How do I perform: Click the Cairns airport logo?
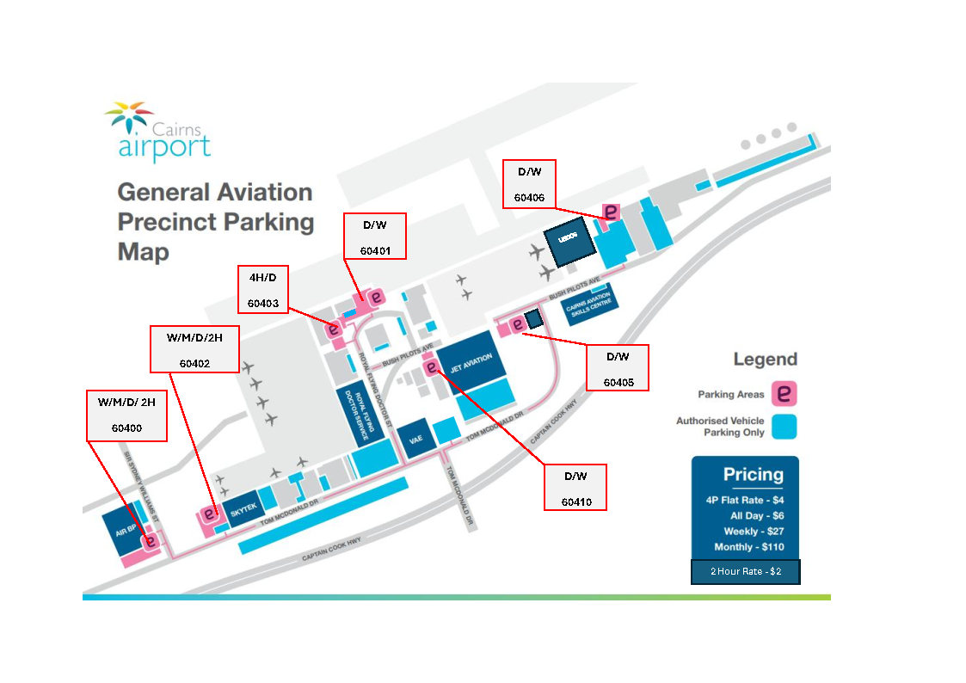coord(157,132)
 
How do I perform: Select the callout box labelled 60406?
coord(529,184)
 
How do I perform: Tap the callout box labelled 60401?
coord(374,235)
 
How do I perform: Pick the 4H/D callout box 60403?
coord(262,289)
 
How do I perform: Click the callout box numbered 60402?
coord(194,349)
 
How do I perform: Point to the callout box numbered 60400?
coord(127,415)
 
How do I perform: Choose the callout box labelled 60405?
coord(616,367)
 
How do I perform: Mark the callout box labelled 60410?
coord(575,487)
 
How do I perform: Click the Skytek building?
coord(243,510)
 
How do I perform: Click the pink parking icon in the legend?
coord(784,394)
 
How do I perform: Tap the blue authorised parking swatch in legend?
coord(784,427)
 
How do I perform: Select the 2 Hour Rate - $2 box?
coord(745,572)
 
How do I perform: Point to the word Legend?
coord(765,360)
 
